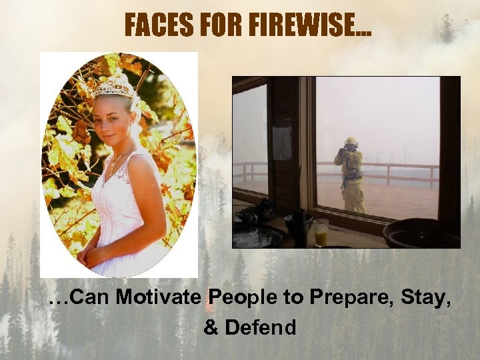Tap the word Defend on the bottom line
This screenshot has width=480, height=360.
261,327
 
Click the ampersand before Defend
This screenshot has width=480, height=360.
211,327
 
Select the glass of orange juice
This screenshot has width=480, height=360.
321,232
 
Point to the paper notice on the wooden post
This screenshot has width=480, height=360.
282,139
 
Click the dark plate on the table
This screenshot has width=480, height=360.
257,235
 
